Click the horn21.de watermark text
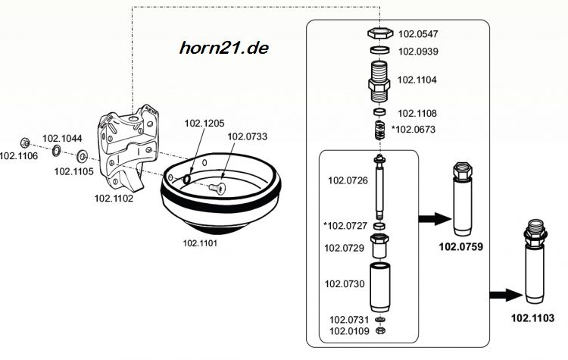(224, 48)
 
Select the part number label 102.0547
(418, 34)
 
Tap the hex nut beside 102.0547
(380, 33)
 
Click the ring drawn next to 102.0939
(380, 50)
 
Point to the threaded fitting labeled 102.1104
(379, 82)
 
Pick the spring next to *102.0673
(379, 130)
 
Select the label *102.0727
(345, 226)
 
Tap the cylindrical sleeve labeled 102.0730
(379, 287)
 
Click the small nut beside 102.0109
(380, 330)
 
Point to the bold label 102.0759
(460, 247)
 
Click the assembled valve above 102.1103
(535, 261)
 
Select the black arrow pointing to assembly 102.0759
(435, 219)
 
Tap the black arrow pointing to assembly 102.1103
(506, 295)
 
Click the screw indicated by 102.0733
(217, 188)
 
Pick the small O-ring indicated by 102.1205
(187, 179)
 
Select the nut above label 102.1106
(25, 143)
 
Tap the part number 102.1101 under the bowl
(200, 243)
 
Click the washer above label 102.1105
(83, 157)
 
